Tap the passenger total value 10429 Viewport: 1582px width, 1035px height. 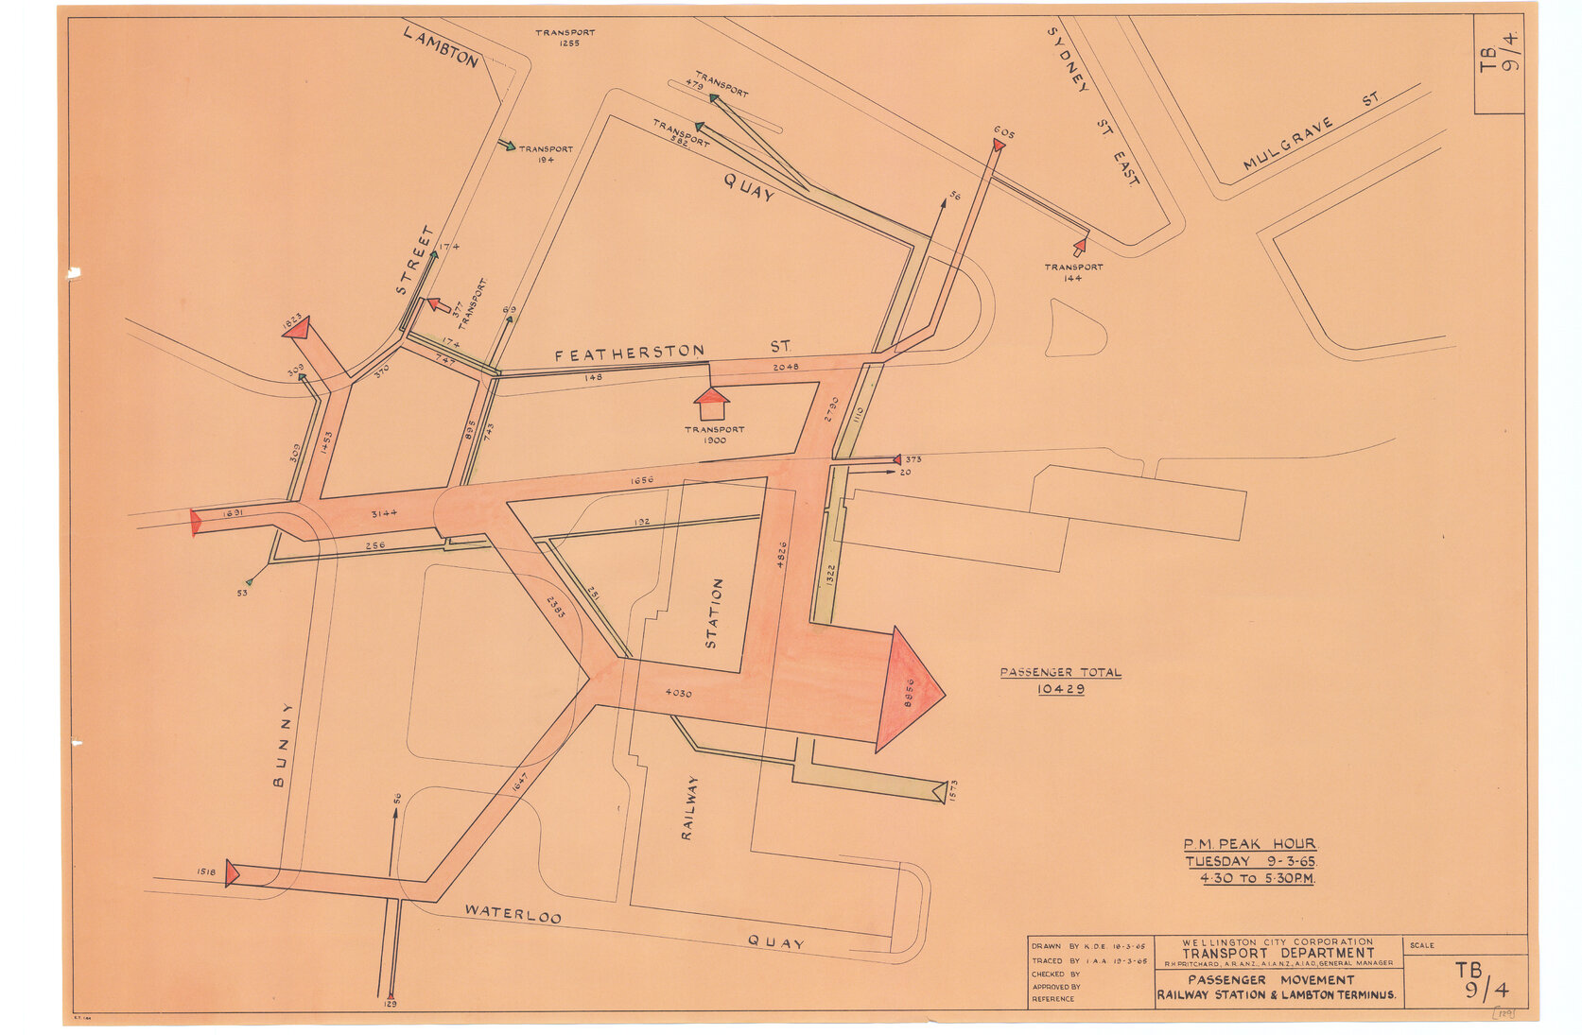pos(1060,689)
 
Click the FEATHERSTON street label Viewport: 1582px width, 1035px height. pos(629,354)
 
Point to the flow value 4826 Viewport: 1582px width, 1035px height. pos(781,555)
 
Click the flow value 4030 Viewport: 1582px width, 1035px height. pos(678,693)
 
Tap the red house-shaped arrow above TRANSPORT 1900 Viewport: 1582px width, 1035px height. pos(711,403)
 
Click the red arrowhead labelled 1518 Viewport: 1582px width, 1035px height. pos(232,873)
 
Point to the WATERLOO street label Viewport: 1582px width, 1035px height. pos(513,914)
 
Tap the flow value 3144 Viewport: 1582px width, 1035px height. pos(384,513)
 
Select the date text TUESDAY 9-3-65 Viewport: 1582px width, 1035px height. pos(1250,861)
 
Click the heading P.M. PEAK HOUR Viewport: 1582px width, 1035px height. pos(1249,844)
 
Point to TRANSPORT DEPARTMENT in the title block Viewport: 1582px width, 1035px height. pos(1278,953)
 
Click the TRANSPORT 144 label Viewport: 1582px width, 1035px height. pos(1073,272)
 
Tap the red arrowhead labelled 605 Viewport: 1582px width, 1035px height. pos(999,145)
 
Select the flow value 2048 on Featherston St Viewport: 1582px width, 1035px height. pos(785,367)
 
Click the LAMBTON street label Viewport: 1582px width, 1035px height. pos(441,47)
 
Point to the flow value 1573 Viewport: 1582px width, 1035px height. pos(952,791)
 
